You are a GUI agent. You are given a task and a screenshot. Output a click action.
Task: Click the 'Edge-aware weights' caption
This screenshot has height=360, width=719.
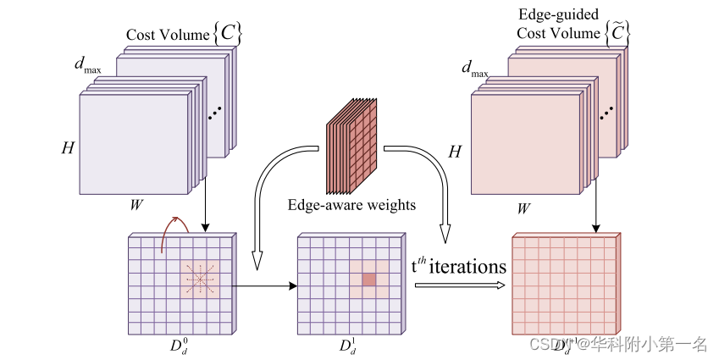click(351, 205)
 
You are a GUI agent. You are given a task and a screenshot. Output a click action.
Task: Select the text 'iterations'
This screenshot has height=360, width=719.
click(467, 267)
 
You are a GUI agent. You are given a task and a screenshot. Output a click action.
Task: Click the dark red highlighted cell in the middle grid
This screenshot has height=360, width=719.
click(368, 280)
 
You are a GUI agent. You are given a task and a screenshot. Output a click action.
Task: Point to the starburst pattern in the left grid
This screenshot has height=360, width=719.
click(200, 279)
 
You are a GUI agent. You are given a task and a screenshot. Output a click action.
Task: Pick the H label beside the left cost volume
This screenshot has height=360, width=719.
click(67, 147)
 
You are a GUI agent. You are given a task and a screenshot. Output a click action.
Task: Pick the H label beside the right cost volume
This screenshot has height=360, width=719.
click(454, 151)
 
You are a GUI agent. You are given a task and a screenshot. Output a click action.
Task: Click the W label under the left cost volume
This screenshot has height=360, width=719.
click(135, 203)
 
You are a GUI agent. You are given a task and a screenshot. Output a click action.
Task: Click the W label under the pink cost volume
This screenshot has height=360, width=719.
click(526, 207)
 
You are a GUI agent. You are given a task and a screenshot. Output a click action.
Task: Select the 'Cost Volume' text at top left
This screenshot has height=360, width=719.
click(166, 35)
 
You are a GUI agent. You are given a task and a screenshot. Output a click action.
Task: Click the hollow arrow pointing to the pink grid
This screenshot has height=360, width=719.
click(457, 285)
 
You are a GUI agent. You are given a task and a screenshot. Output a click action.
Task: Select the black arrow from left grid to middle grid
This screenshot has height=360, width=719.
click(263, 285)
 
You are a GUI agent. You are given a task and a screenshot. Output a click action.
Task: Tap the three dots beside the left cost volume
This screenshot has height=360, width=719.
click(215, 110)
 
